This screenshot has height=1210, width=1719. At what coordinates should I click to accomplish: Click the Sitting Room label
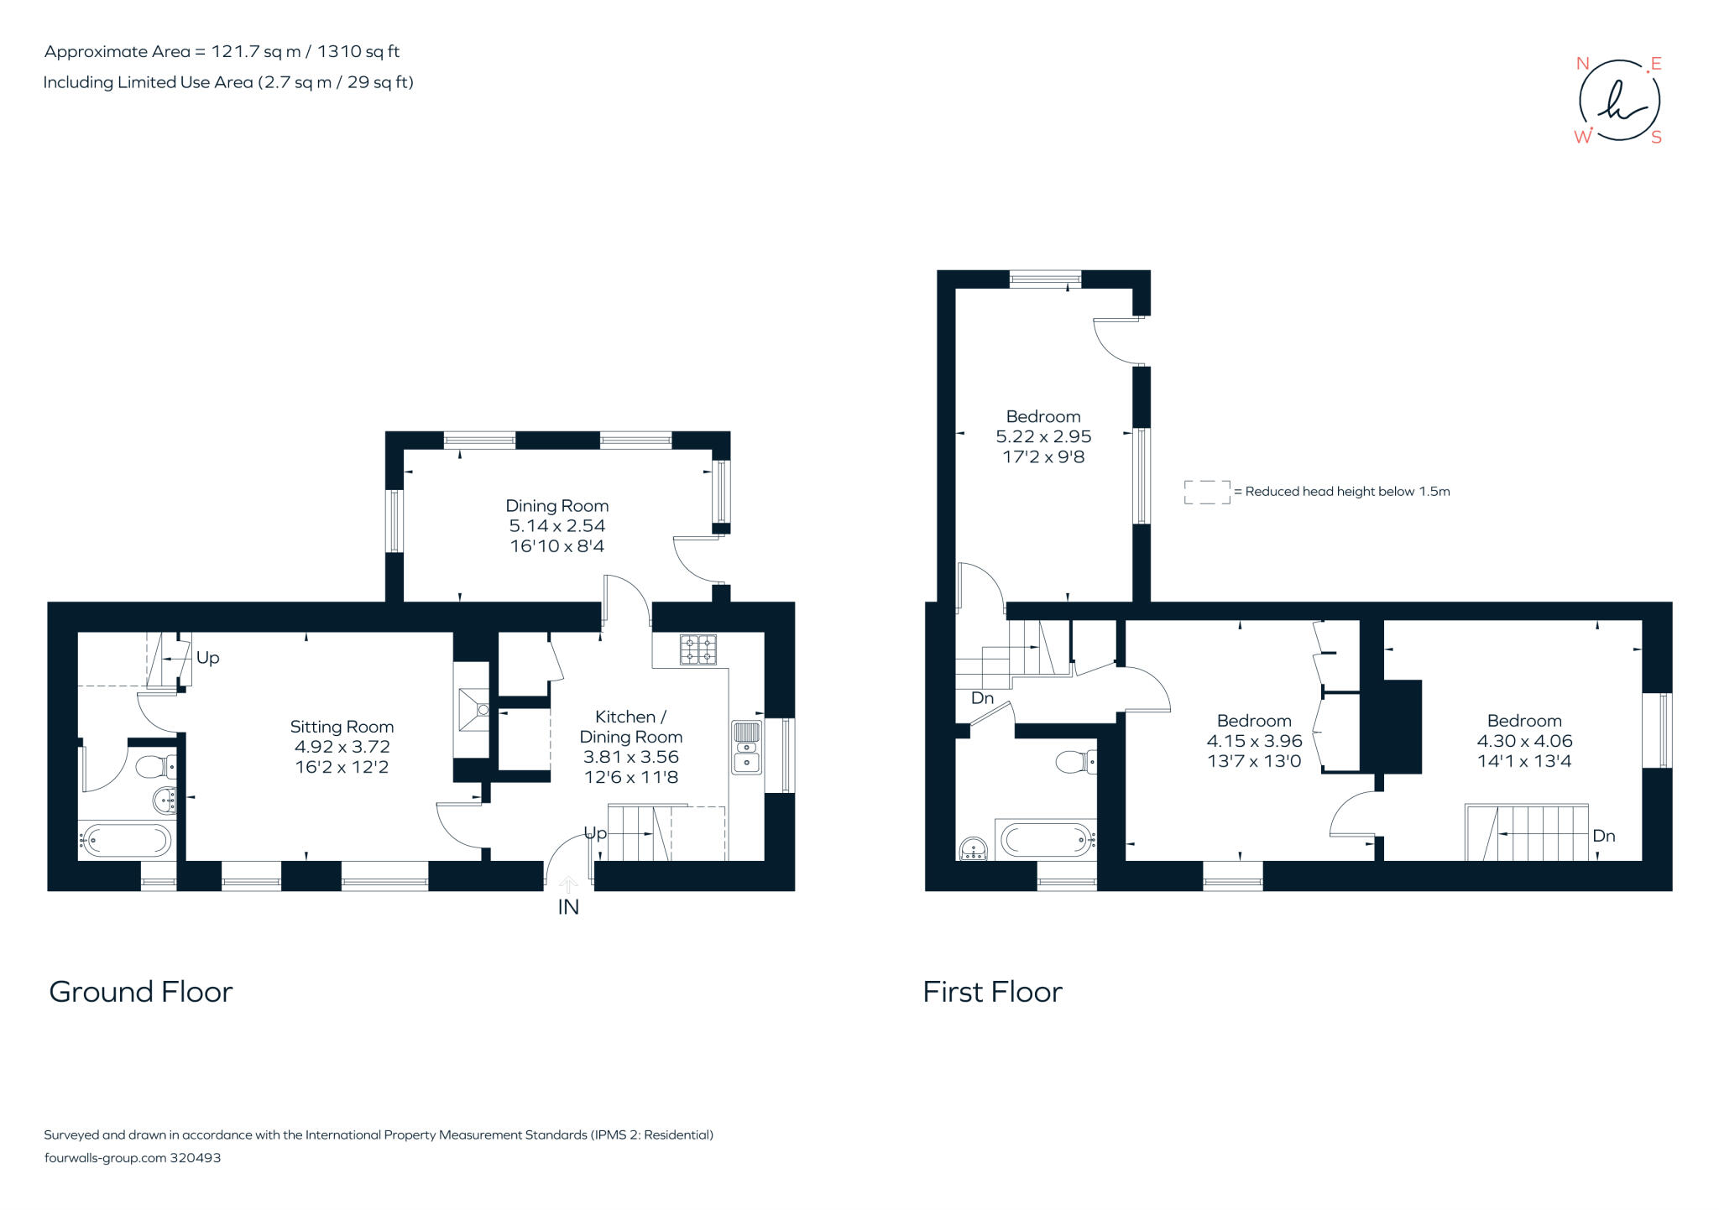(x=342, y=727)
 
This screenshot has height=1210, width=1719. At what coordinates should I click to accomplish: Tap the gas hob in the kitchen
(x=698, y=649)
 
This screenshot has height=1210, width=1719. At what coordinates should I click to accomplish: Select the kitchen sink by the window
(x=746, y=745)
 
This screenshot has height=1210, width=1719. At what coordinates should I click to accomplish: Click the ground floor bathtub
(x=127, y=839)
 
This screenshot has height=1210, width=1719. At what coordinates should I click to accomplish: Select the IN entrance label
(x=568, y=907)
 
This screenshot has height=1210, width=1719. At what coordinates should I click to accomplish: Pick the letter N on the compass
(x=1582, y=64)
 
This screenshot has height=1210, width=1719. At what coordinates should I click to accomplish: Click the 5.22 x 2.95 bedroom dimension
(x=1043, y=436)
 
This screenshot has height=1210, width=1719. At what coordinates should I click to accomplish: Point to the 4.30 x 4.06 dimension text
(x=1524, y=741)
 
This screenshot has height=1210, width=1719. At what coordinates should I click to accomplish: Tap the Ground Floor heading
(x=141, y=992)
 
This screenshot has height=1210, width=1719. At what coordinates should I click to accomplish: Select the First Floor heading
(x=992, y=992)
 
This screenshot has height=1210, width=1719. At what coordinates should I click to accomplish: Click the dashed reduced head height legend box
(x=1207, y=492)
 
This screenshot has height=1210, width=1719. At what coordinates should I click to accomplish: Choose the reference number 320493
(x=196, y=1158)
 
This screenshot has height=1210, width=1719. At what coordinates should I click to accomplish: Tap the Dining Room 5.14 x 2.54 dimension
(x=556, y=526)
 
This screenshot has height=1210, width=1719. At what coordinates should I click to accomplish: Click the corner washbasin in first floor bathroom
(x=974, y=849)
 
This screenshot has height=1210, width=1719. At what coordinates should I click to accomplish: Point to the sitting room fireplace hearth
(x=472, y=710)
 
